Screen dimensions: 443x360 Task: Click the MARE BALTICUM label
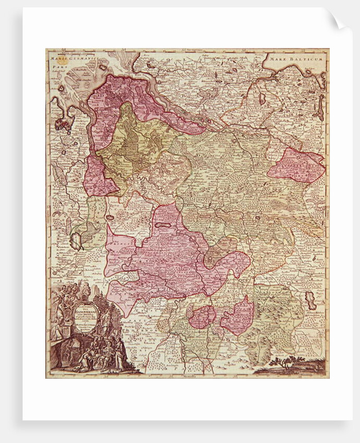(x=299, y=59)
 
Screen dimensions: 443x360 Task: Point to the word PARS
(x=55, y=67)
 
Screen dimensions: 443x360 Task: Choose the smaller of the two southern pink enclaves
(x=202, y=316)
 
